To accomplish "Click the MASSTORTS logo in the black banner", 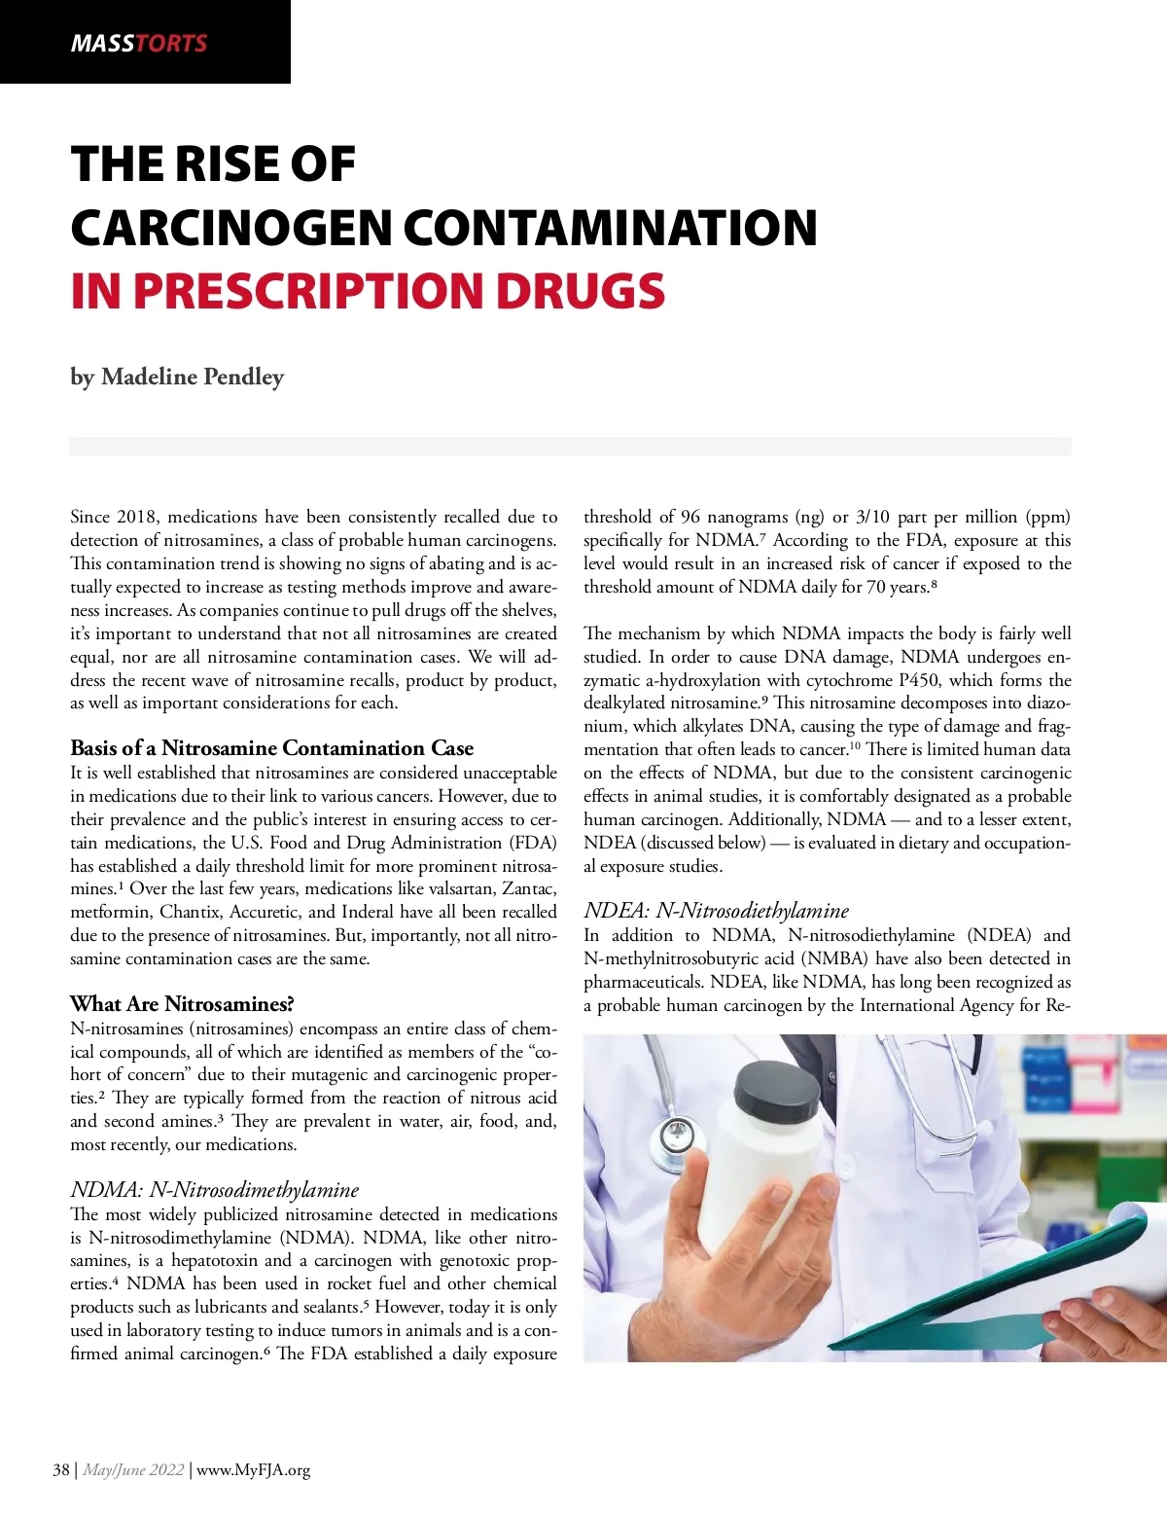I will tap(139, 43).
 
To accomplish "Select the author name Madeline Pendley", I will tap(193, 377).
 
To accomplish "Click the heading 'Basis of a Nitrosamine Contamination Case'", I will tap(271, 748).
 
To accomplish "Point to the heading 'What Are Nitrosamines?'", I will tap(182, 1004).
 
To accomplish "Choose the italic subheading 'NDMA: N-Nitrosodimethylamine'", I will tap(215, 1190).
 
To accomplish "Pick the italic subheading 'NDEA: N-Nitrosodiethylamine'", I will tap(716, 911).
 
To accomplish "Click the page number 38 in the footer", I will tap(61, 1469).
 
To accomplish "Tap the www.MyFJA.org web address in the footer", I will tap(254, 1469).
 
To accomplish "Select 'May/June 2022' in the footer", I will tap(133, 1469).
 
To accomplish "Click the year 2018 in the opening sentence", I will tap(137, 517).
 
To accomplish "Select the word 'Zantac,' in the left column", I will tap(529, 888).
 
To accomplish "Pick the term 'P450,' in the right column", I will tap(919, 680).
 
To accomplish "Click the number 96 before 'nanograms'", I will tap(690, 517).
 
